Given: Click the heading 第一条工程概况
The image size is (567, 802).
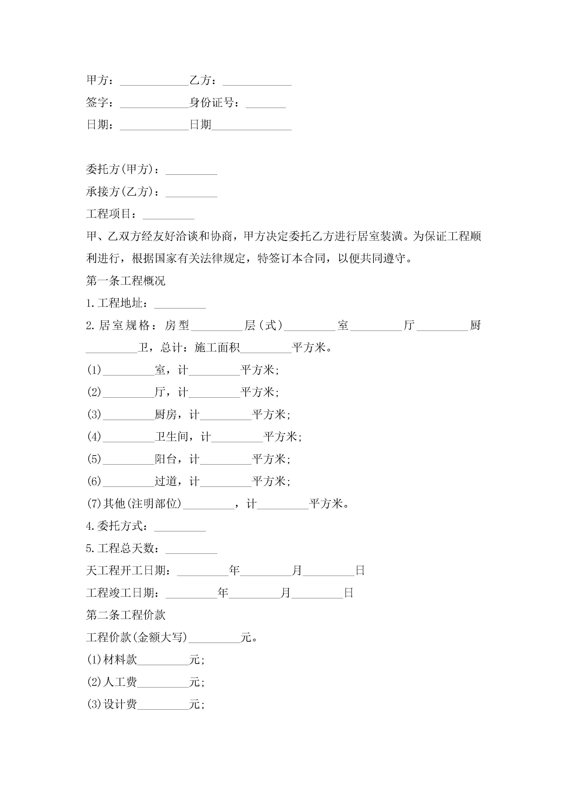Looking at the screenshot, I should pyautogui.click(x=126, y=281).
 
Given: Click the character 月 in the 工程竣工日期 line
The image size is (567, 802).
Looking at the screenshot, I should pyautogui.click(x=285, y=593).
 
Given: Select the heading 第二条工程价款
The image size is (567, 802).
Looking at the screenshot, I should pyautogui.click(x=126, y=615).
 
